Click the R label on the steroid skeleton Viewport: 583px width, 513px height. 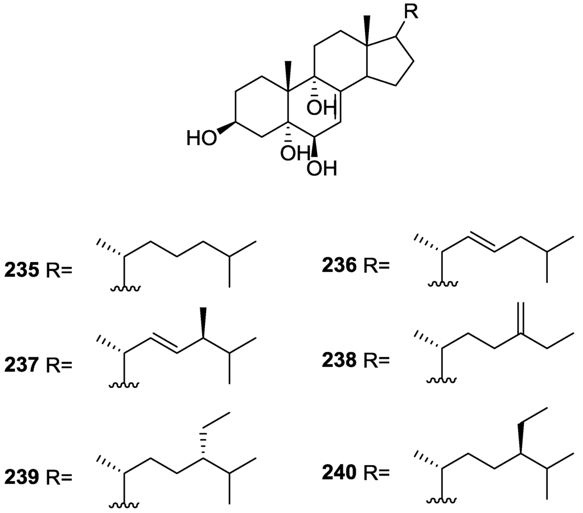tap(411, 13)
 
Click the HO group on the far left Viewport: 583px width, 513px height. tap(201, 138)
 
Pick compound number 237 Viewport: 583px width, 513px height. tap(22, 363)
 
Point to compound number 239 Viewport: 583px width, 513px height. tap(22, 477)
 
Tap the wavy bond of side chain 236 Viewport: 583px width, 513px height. tap(440, 282)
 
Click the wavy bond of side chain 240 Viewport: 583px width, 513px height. tap(440, 500)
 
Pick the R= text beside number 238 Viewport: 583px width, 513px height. tap(376, 359)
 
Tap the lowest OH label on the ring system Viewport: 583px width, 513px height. tap(322, 168)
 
